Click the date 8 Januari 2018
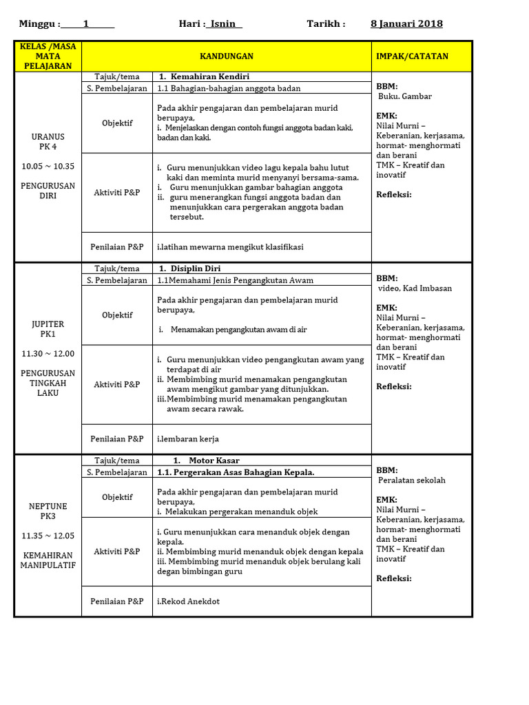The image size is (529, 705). click(x=406, y=24)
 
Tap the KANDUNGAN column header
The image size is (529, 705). click(x=227, y=56)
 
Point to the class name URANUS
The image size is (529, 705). click(x=48, y=137)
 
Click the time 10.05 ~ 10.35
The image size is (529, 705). click(x=48, y=166)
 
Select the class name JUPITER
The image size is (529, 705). click(x=48, y=324)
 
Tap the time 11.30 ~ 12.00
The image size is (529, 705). click(x=48, y=354)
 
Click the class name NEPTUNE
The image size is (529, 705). click(x=48, y=506)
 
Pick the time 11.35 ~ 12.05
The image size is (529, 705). click(x=48, y=536)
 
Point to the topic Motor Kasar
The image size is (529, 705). click(x=206, y=461)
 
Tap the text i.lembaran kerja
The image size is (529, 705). click(x=188, y=439)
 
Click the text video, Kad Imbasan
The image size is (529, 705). click(x=415, y=288)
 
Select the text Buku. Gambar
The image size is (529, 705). click(x=405, y=96)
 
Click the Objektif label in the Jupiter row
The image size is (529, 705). click(x=117, y=315)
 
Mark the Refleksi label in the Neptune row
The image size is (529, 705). click(x=394, y=578)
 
